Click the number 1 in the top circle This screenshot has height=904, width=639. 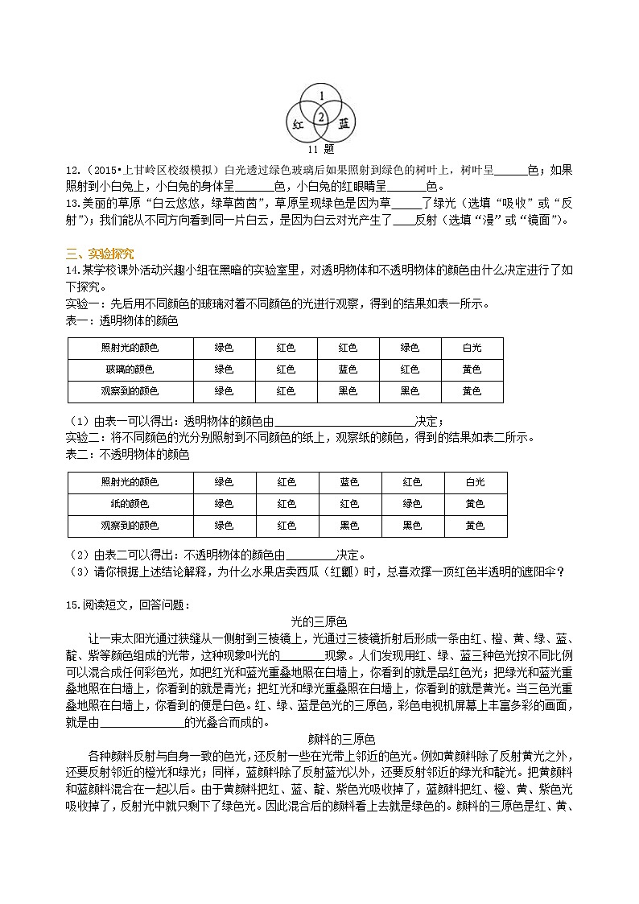tap(321, 97)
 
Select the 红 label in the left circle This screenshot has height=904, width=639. tap(297, 124)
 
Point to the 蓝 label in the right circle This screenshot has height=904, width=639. tap(344, 123)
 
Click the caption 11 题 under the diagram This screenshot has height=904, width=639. tap(320, 149)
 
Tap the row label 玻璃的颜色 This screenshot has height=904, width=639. tap(130, 369)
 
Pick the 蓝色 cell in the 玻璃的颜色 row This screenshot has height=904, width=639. tap(348, 369)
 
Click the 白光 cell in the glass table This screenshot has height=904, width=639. tap(472, 348)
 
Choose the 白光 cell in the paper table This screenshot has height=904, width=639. tap(475, 482)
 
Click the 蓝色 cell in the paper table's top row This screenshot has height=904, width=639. tap(349, 482)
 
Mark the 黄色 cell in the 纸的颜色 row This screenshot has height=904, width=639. tap(475, 503)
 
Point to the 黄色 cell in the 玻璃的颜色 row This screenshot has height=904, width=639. tap(472, 369)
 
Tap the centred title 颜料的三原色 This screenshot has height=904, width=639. tap(342, 738)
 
